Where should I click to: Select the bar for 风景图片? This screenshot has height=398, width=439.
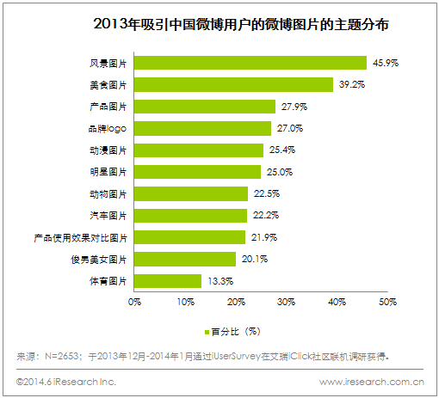point(250,63)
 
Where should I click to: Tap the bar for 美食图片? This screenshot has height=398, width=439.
point(233,84)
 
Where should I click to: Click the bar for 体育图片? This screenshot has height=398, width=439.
point(168,280)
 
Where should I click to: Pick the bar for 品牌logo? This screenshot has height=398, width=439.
point(202,128)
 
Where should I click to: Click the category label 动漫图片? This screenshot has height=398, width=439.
point(108,150)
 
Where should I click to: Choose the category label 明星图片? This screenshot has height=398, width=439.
point(108,172)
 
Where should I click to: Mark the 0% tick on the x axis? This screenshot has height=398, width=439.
point(134,302)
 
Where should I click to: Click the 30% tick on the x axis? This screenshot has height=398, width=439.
point(287,302)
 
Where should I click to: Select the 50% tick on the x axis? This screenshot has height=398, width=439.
point(387,302)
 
